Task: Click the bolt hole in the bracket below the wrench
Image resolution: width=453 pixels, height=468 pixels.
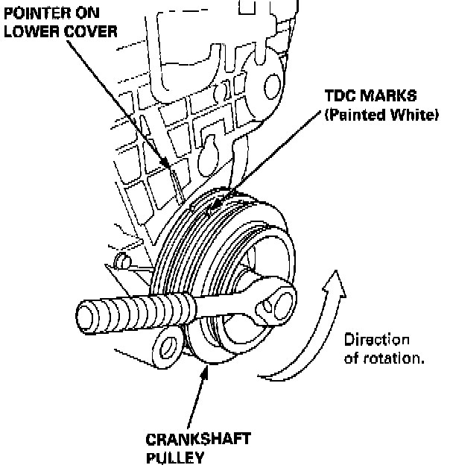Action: (x=168, y=346)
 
